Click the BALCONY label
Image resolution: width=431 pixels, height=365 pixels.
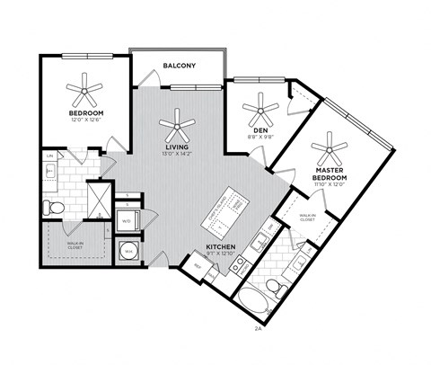(x=180, y=66)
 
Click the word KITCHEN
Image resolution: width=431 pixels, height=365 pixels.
(x=221, y=245)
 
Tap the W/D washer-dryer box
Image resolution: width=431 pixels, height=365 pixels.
(x=126, y=218)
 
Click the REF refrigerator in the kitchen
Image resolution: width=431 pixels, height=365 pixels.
(x=193, y=263)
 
